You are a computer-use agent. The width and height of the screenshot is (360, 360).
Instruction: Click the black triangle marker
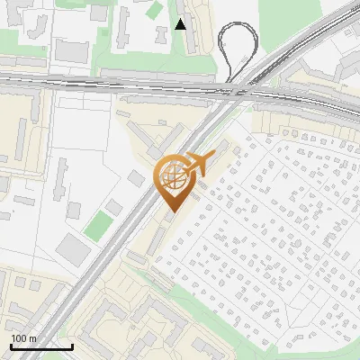coord(181,24)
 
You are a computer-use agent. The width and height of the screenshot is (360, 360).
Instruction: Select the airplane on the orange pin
coord(197,163)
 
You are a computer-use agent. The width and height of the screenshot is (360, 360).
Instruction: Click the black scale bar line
coord(40,346)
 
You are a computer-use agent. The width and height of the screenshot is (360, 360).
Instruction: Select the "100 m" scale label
coord(24,338)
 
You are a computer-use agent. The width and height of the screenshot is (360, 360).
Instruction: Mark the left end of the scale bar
coord(10,346)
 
